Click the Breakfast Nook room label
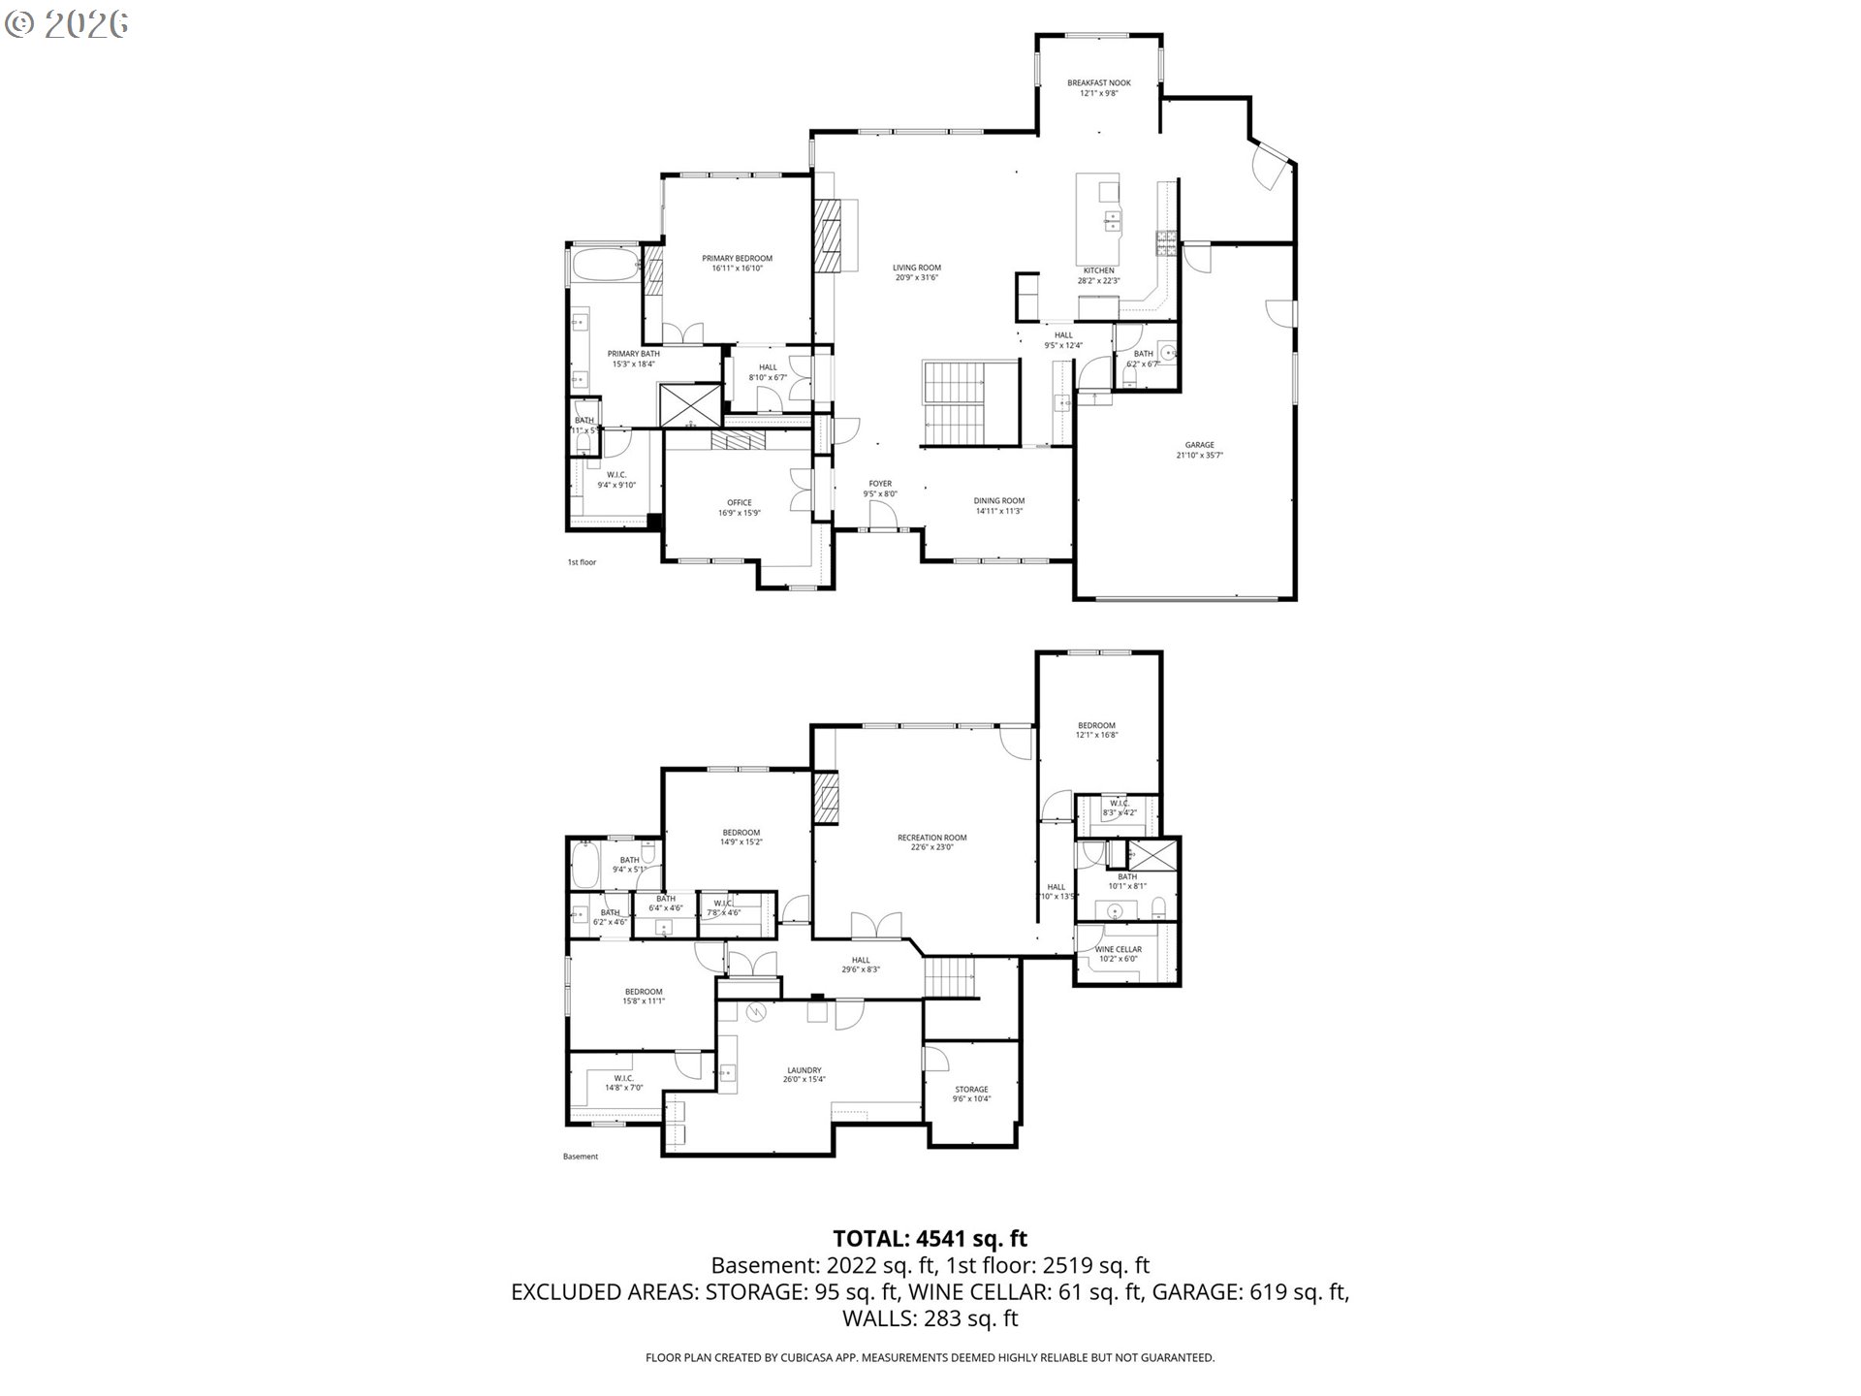[x=1098, y=88]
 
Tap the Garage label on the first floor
[x=1199, y=450]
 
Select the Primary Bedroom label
[x=737, y=263]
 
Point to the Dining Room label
[x=998, y=506]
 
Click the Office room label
[x=739, y=508]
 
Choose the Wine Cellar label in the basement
[x=1118, y=954]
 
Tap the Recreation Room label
[x=931, y=842]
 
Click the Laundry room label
[x=804, y=1075]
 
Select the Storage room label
[x=970, y=1094]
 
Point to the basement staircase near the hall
[x=949, y=976]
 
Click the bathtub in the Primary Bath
[x=604, y=265]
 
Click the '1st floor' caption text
[x=582, y=562]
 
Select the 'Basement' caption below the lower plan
[x=581, y=1157]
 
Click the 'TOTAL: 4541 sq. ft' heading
[x=930, y=1238]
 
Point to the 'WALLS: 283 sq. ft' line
[x=930, y=1318]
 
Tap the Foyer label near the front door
[x=879, y=489]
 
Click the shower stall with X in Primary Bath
[x=689, y=404]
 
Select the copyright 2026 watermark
[x=66, y=24]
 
